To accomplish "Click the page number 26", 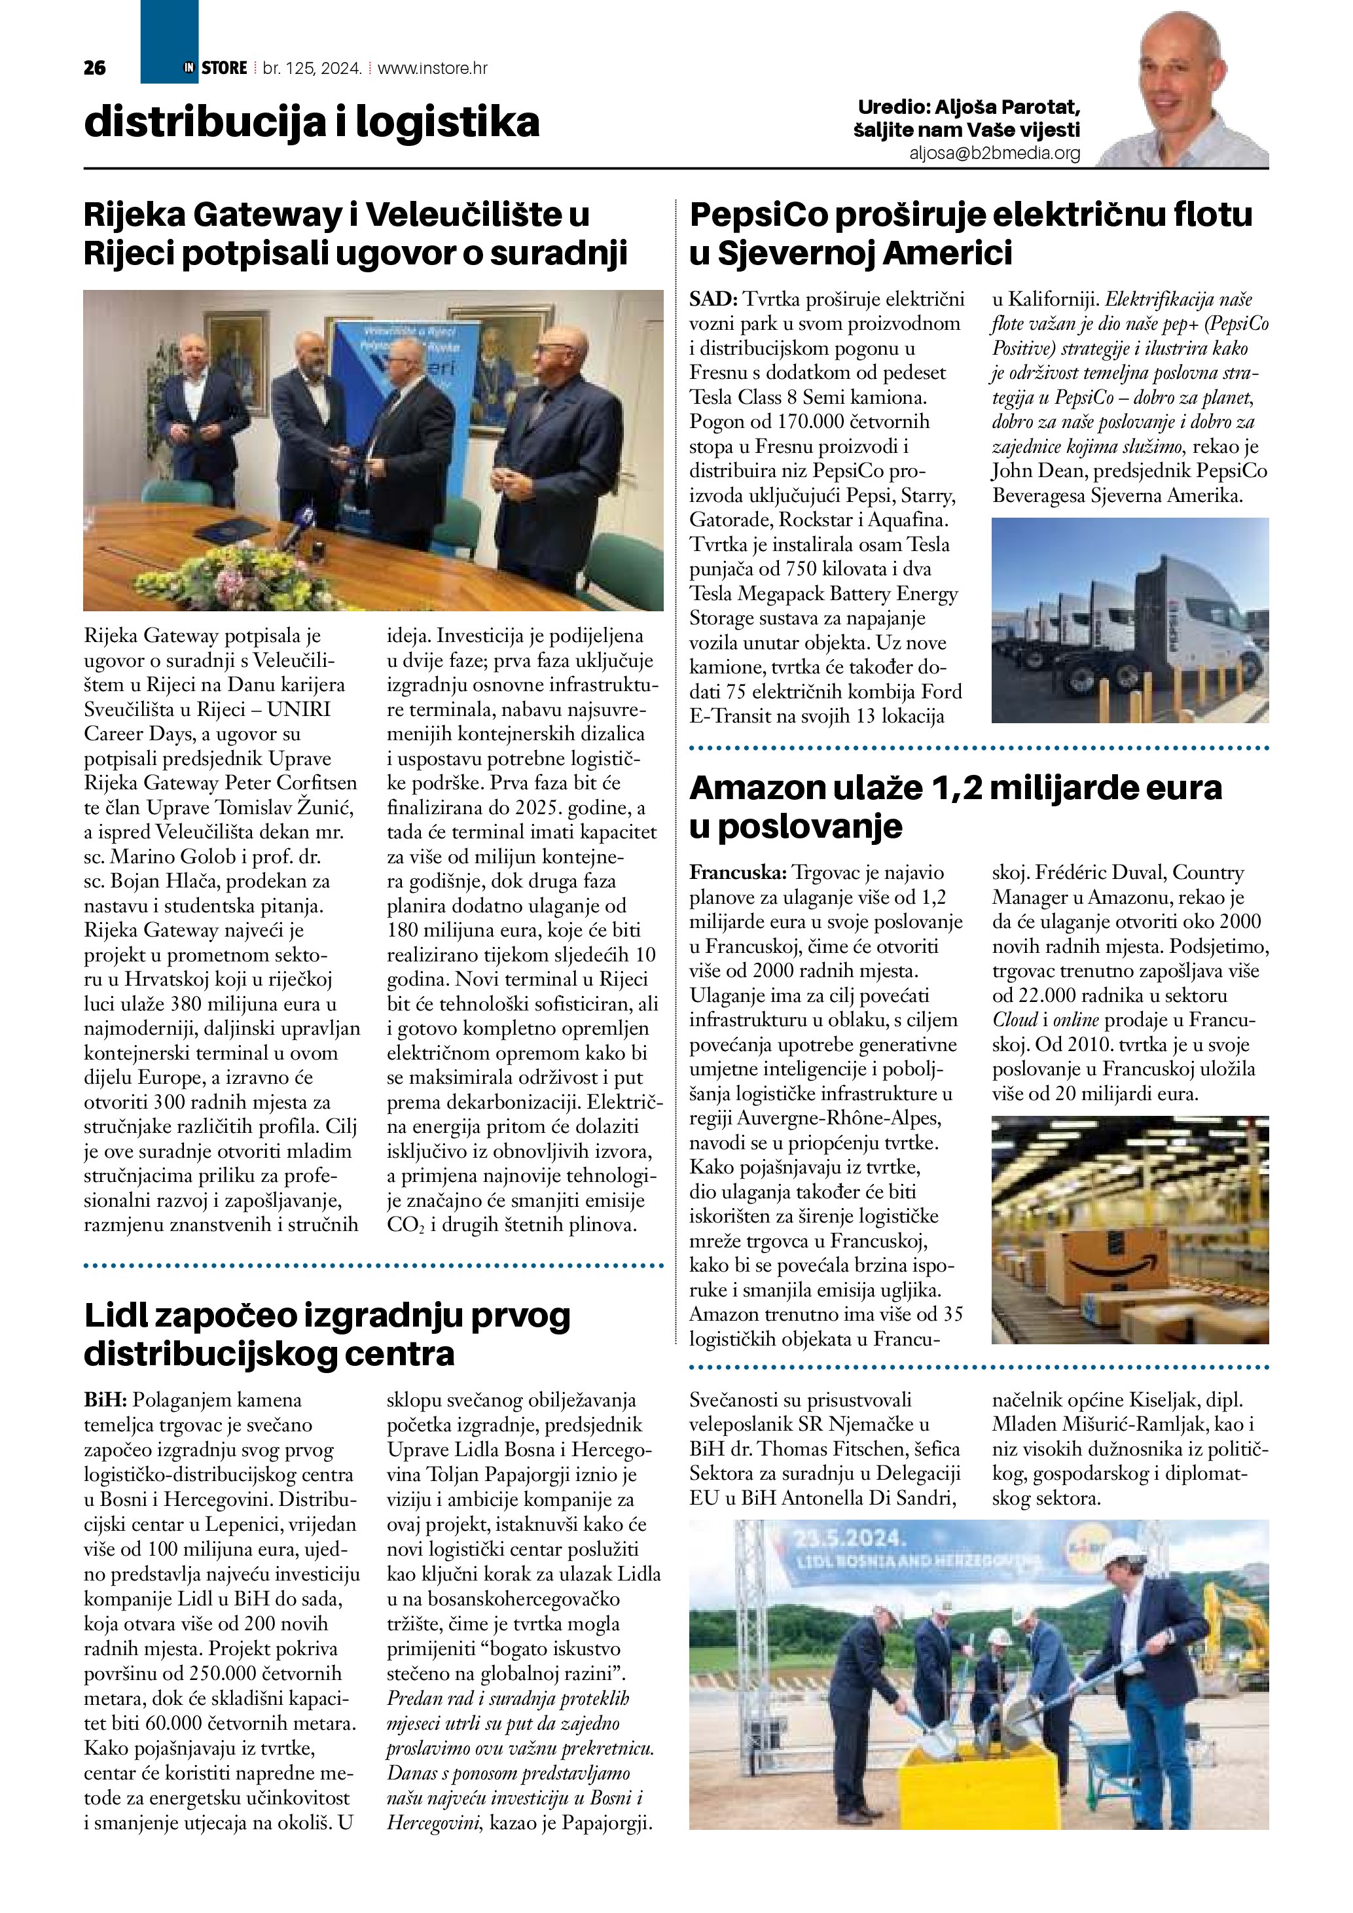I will pos(95,68).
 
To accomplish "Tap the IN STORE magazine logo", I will pos(215,67).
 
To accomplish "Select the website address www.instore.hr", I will pos(433,68).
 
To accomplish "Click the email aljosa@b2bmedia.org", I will pos(995,153).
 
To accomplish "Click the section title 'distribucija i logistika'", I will pos(312,122).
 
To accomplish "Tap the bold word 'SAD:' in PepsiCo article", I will pos(714,299).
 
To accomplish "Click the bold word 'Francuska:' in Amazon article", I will pos(737,873).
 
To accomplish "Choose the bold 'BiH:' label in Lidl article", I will pos(104,1401).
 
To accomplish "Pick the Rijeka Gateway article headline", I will pos(355,234).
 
